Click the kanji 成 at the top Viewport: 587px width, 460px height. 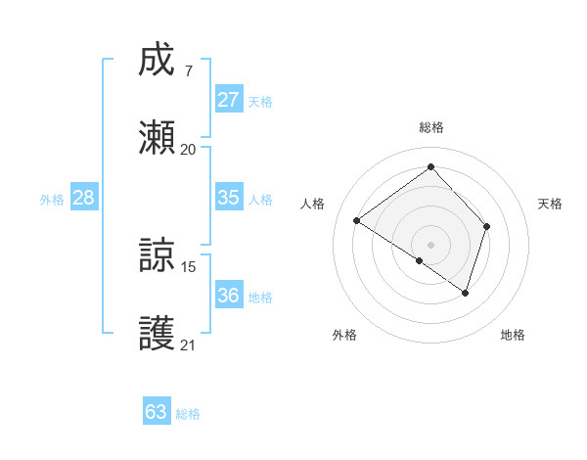tap(158, 62)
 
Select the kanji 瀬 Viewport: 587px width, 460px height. tap(158, 138)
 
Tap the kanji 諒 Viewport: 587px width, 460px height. tap(158, 256)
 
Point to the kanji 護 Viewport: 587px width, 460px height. tap(158, 334)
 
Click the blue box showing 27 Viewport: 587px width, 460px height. tap(229, 100)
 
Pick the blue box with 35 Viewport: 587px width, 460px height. tap(229, 198)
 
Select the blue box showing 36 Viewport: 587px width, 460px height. tap(229, 296)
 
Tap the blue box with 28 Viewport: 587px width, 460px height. tap(84, 198)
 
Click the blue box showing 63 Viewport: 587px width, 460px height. tap(157, 412)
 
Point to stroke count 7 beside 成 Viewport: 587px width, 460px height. tap(188, 70)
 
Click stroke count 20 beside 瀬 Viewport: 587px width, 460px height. tap(188, 149)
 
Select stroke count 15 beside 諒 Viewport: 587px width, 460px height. tap(188, 266)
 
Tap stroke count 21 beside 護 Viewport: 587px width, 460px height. tap(188, 345)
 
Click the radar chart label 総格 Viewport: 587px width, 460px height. tap(430, 127)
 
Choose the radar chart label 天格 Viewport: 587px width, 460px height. tap(550, 204)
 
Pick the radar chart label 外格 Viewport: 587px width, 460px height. tap(344, 335)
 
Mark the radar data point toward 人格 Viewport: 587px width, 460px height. tap(357, 221)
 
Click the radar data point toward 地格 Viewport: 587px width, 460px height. tap(466, 293)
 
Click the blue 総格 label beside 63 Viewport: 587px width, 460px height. tap(188, 414)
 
